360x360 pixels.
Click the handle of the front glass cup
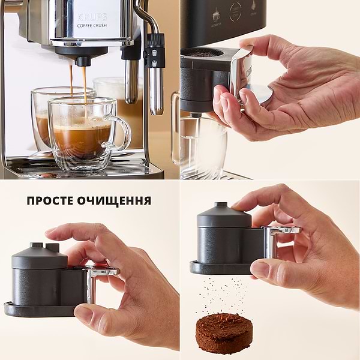click(x=122, y=133)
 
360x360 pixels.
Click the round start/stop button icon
click(x=235, y=11)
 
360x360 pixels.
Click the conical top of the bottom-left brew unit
click(x=39, y=255)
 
